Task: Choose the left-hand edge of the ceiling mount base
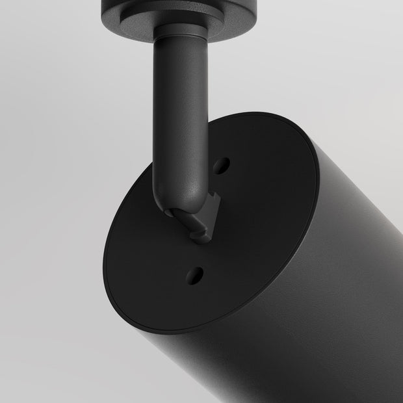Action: click(x=104, y=10)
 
